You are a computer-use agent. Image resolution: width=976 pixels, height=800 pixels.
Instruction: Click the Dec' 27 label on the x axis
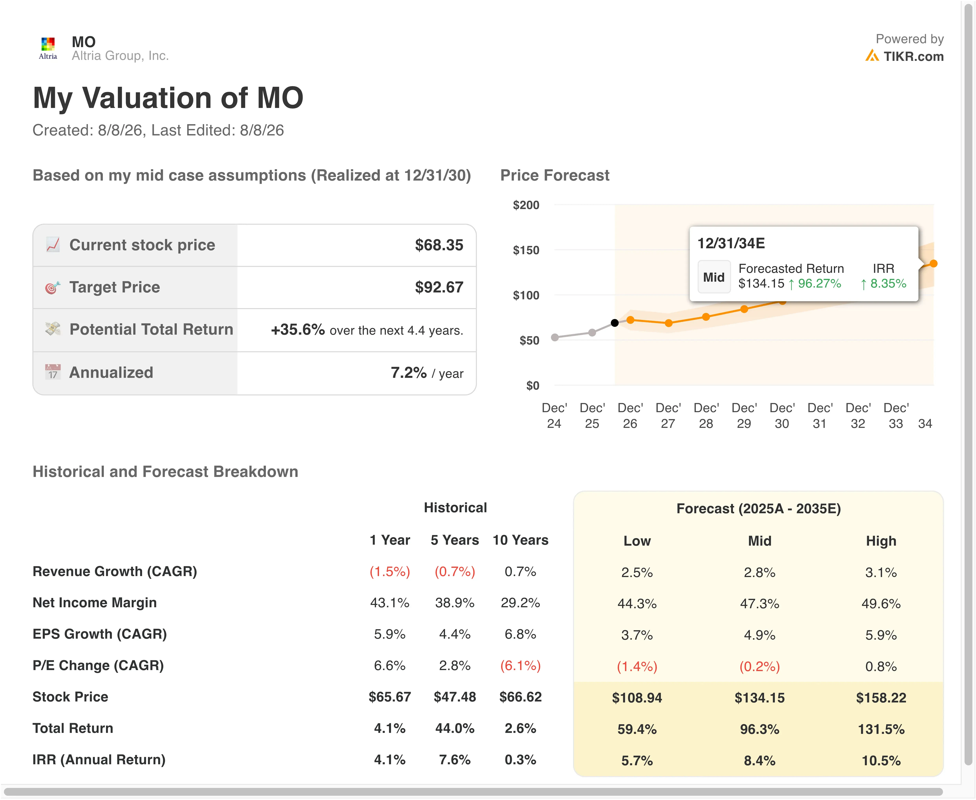668,416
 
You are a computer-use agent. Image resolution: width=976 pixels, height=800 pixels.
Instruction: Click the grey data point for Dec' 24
555,337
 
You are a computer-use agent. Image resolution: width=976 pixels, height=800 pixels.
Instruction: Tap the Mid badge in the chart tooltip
714,277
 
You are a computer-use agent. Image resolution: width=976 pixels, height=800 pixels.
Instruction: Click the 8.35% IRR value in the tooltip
888,283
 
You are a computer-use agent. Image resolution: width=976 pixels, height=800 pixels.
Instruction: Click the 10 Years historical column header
520,540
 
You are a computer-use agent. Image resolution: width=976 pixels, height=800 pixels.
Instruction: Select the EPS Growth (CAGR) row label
100,634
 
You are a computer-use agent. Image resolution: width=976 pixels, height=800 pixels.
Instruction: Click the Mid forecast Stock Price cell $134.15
759,698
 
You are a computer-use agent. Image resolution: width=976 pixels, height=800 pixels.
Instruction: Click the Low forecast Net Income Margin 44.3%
637,604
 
